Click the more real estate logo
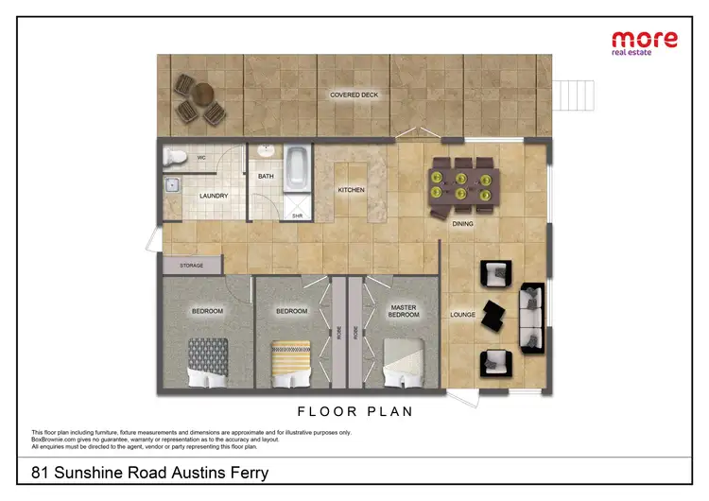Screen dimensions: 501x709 click(645, 43)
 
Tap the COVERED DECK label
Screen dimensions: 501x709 click(354, 95)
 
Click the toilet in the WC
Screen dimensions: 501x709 click(175, 157)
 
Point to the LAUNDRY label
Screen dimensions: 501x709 click(214, 197)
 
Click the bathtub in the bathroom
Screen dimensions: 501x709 click(295, 165)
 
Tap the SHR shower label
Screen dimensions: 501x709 click(296, 216)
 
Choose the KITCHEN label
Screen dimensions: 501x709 click(351, 190)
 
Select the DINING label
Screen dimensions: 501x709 click(462, 224)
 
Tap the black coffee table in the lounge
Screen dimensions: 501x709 click(493, 316)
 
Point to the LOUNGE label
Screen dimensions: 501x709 click(462, 314)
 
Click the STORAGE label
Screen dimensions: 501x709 click(191, 266)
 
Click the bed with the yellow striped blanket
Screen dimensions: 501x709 click(291, 362)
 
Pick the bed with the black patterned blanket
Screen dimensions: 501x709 click(207, 361)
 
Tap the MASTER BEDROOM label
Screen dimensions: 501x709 click(404, 310)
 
